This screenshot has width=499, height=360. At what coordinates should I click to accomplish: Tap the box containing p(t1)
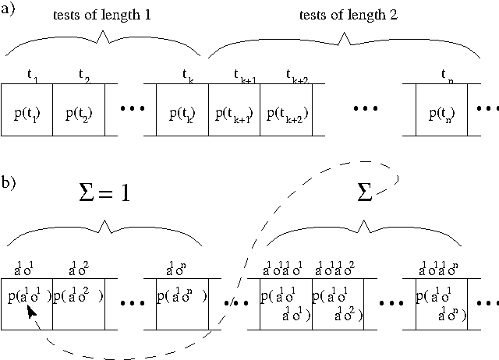(x=27, y=110)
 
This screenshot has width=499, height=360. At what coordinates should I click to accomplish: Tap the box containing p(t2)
(x=78, y=110)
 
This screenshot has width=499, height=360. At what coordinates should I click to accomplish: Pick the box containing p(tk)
(x=182, y=110)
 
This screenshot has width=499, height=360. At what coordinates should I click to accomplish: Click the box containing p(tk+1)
(x=234, y=110)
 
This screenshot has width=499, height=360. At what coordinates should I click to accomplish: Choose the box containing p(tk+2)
(x=285, y=110)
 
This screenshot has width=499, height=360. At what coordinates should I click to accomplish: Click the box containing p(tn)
(x=442, y=110)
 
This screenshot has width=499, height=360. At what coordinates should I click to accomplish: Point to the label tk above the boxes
(x=187, y=76)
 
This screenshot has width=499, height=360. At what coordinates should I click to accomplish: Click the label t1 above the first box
(x=31, y=76)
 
